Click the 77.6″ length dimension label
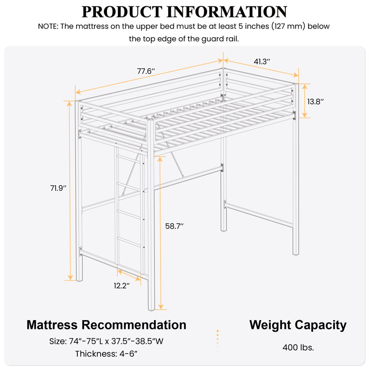(146, 71)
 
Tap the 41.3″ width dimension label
(262, 61)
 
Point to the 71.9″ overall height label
(59, 188)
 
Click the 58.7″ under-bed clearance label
(175, 226)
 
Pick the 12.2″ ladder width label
(122, 286)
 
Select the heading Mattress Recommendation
(107, 324)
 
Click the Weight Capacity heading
(298, 324)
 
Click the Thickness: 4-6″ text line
(107, 354)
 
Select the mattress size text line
(107, 342)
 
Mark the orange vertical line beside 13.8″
(304, 101)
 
